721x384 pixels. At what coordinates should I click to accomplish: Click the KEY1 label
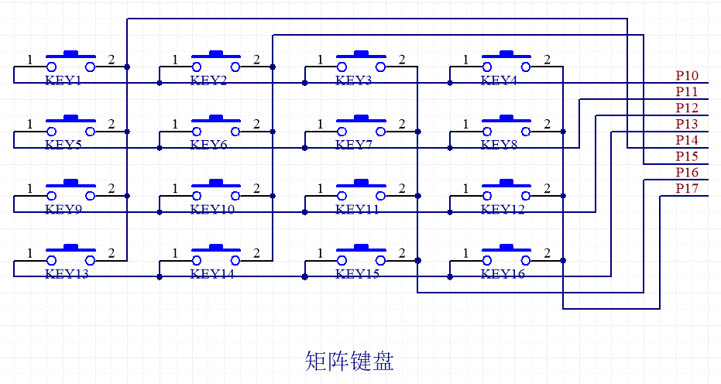click(64, 80)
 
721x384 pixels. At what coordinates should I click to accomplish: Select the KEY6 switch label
click(209, 145)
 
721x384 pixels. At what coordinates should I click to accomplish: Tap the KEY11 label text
click(357, 209)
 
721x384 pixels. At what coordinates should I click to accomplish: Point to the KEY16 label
click(503, 273)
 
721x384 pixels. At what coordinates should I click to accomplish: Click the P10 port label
click(687, 75)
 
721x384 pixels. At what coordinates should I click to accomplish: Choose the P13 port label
click(687, 124)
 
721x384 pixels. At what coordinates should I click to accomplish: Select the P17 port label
click(687, 188)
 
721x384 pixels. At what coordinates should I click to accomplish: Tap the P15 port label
click(687, 156)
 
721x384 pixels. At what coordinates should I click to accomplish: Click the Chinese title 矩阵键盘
click(349, 361)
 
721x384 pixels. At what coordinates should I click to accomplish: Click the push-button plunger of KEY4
click(506, 53)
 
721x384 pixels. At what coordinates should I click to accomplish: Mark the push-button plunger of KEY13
click(70, 247)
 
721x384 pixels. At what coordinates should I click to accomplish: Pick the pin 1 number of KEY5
click(30, 124)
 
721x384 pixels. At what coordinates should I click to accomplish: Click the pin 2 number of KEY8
click(547, 124)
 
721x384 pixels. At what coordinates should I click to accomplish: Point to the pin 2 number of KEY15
click(401, 252)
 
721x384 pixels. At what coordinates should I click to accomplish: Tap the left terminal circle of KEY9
click(51, 197)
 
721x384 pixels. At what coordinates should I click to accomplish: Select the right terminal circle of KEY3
click(381, 67)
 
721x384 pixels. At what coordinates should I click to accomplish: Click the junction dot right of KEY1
click(127, 67)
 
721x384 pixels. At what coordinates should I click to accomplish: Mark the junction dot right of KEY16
click(563, 261)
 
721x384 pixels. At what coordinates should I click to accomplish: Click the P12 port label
click(687, 108)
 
